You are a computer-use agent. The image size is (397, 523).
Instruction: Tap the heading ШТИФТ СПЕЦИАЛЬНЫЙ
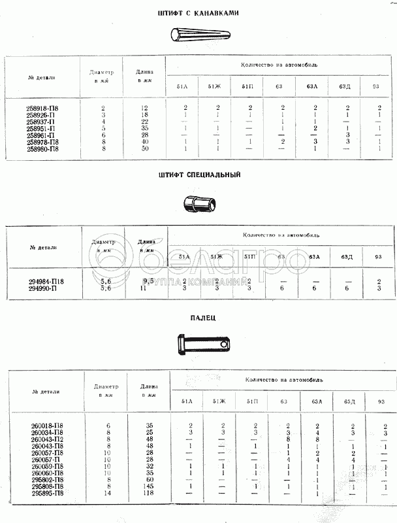(x=199, y=175)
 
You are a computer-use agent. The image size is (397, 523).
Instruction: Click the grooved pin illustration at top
(x=199, y=34)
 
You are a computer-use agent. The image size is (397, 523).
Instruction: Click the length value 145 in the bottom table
(x=150, y=486)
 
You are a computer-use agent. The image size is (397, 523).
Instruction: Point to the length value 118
(x=150, y=493)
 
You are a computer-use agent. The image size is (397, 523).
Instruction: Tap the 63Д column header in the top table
(x=346, y=86)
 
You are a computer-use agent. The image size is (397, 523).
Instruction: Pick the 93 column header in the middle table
(x=378, y=256)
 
